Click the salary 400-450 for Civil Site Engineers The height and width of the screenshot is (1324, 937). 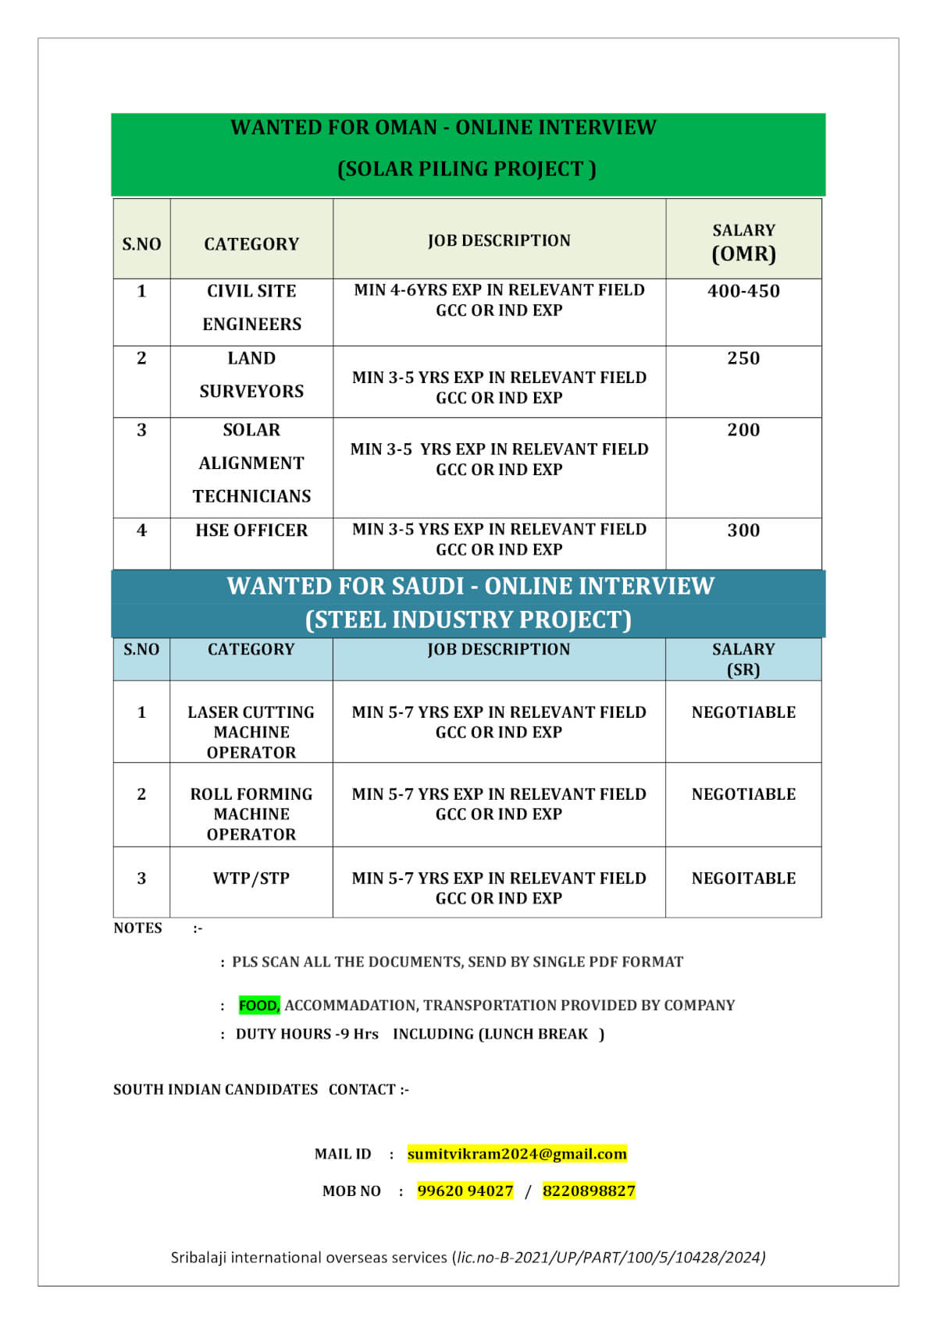point(743,291)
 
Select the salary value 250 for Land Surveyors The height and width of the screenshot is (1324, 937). point(743,358)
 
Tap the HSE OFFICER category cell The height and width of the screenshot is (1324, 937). point(251,531)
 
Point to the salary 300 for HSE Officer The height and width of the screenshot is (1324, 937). point(743,531)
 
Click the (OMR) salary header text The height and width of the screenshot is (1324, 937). point(743,254)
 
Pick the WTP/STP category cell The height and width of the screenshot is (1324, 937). point(251,879)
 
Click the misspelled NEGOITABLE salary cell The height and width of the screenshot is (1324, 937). point(743,879)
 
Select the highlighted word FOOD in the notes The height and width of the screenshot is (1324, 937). point(259,1006)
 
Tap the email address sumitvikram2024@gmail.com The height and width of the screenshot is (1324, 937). point(517,1154)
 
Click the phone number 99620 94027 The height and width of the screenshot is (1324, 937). point(465,1191)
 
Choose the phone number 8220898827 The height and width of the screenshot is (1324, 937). point(589,1191)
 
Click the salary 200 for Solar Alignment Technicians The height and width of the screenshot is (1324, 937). point(743,430)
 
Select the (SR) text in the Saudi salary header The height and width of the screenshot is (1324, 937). point(743,669)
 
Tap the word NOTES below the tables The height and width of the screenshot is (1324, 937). point(137,928)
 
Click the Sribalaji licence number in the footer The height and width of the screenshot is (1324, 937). point(611,1257)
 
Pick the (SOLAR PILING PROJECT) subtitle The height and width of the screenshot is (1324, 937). point(467,169)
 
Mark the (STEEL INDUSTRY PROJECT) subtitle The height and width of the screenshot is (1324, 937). point(468,619)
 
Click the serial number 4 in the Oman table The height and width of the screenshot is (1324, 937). point(141,531)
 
